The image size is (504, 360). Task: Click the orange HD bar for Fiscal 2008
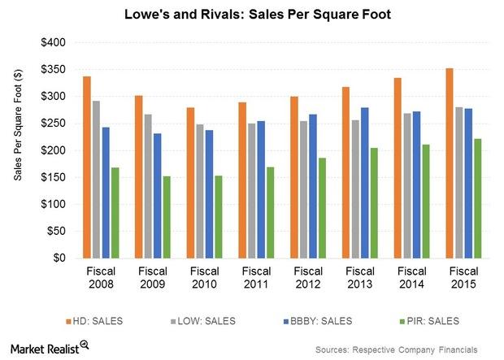pyautogui.click(x=87, y=167)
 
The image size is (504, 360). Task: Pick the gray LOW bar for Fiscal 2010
pyautogui.click(x=199, y=191)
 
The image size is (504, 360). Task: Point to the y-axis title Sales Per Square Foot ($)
pyautogui.click(x=18, y=150)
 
